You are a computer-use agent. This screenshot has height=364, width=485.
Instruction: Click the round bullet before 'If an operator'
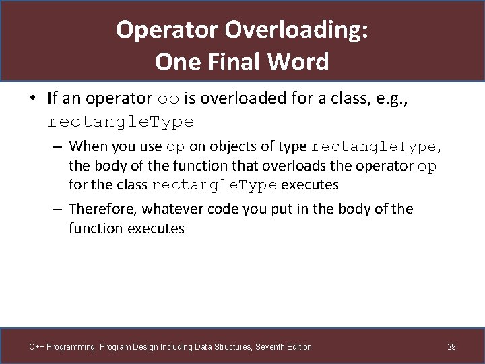[x=32, y=98]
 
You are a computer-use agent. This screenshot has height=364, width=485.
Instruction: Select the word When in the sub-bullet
[x=87, y=146]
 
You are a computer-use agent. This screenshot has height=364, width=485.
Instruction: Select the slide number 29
[x=451, y=347]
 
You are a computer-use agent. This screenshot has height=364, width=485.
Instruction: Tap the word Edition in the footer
[x=298, y=347]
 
